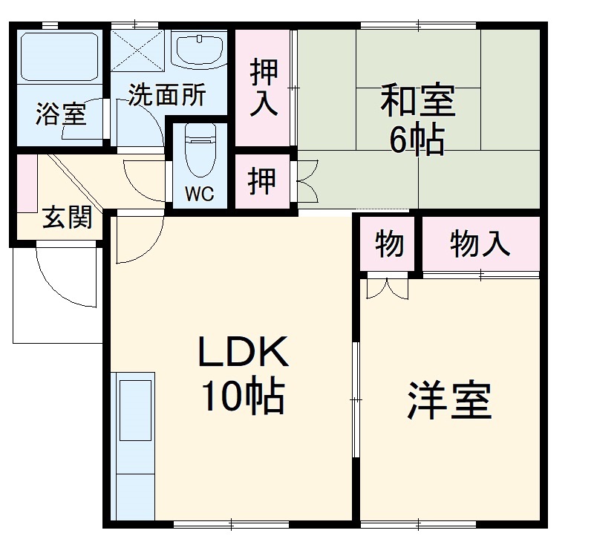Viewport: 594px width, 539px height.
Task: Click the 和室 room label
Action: point(417,102)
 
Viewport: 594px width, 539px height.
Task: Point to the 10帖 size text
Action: point(242,399)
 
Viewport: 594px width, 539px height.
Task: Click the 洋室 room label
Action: point(449,401)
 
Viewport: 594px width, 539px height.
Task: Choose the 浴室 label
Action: point(61,115)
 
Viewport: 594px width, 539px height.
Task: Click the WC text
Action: point(199,195)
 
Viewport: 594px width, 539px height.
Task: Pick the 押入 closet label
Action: point(264,87)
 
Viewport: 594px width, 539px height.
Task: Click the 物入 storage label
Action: point(480,244)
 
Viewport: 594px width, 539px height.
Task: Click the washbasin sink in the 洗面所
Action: point(200,50)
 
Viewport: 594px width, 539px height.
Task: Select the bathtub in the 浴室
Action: point(59,56)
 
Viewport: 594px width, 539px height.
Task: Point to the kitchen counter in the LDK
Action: point(134,445)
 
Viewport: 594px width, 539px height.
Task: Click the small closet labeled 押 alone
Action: point(262,181)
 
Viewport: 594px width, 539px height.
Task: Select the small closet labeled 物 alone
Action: point(389,244)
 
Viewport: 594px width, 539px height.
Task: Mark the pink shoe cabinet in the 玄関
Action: point(26,182)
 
